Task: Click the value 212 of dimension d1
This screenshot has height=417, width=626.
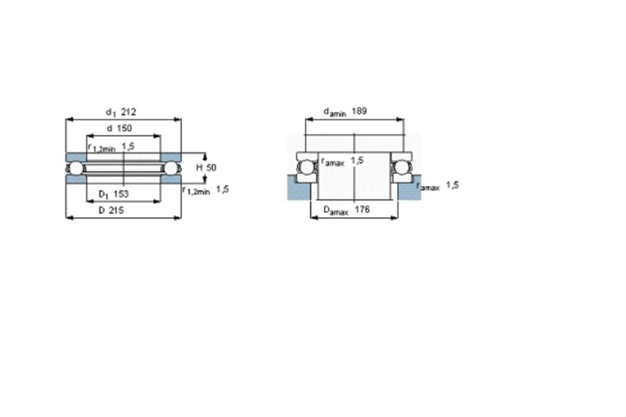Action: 129,112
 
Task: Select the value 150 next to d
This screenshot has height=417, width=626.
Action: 124,128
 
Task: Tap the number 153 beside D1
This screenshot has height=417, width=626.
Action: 120,194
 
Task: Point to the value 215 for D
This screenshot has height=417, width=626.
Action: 116,210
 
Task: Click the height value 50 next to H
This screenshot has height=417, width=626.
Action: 211,167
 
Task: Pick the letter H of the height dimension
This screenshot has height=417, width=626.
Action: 199,167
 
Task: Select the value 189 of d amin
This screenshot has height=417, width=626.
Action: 360,111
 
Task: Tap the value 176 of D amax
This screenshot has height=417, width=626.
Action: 362,209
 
